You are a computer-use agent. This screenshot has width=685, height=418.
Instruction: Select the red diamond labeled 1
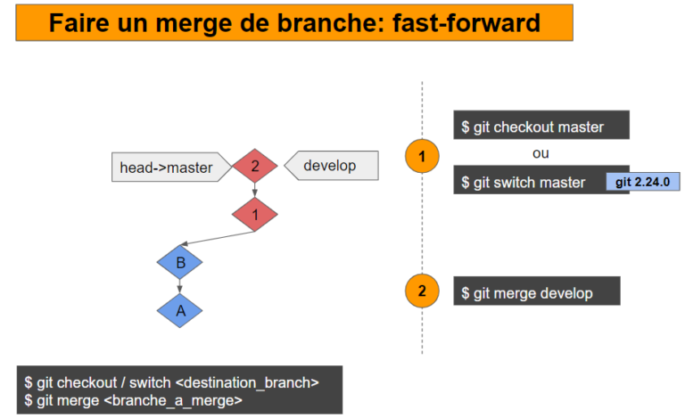click(x=254, y=214)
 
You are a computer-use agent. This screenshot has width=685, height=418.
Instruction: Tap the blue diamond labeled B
click(x=179, y=262)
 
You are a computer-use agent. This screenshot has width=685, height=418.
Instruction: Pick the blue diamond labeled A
click(x=179, y=310)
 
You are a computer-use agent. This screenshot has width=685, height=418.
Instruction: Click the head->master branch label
click(x=168, y=167)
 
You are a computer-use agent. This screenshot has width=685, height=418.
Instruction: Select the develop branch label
click(x=331, y=166)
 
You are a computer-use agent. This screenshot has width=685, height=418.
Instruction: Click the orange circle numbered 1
click(x=422, y=157)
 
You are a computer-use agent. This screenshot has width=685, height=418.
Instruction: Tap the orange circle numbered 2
click(x=422, y=291)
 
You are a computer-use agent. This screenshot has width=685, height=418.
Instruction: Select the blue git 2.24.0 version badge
click(x=642, y=182)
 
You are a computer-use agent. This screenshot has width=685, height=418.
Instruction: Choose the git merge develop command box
click(x=535, y=292)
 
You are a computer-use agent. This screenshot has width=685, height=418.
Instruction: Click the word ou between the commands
click(x=541, y=153)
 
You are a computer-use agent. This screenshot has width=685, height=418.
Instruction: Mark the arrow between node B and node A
click(x=179, y=286)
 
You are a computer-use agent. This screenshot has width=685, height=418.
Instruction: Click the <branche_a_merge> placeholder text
click(x=173, y=401)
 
